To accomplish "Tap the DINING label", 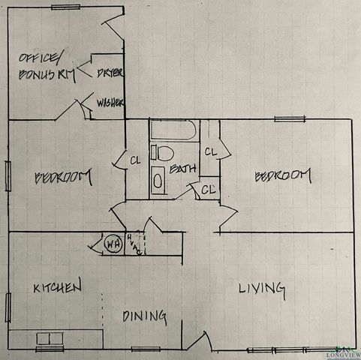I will [x=144, y=316].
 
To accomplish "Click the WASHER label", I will [x=110, y=103].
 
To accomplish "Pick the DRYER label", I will [x=110, y=72].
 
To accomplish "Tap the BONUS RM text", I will [x=42, y=74].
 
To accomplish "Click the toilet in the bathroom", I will [x=159, y=153].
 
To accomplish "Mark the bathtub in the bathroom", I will [x=173, y=132].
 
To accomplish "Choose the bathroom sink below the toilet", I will [x=158, y=180].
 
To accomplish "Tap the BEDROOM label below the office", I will [x=64, y=178].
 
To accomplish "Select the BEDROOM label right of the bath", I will [x=281, y=175].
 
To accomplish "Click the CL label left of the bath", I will [x=135, y=159].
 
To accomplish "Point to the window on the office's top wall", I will [x=66, y=7].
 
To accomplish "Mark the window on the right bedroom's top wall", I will [x=290, y=118].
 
